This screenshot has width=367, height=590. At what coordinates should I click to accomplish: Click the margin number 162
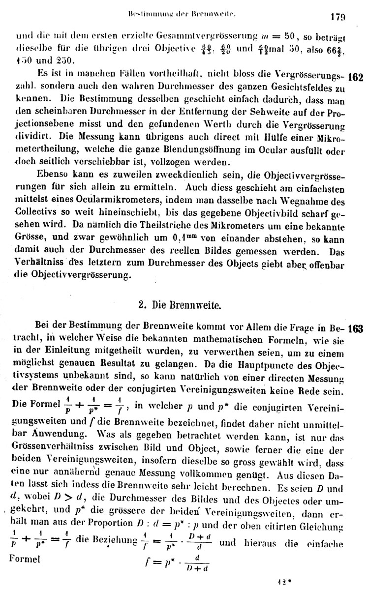click(355, 78)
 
